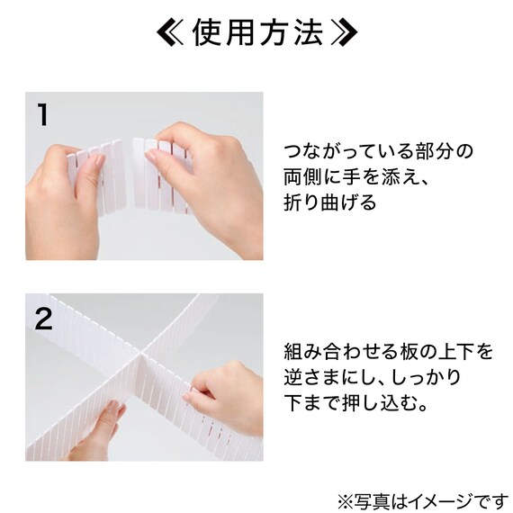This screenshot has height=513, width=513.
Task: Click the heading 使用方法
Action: coord(256,34)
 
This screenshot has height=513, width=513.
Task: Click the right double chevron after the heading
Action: coord(343,34)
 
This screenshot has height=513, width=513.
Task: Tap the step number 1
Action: coord(41,114)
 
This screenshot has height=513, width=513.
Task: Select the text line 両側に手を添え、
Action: coord(355,176)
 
